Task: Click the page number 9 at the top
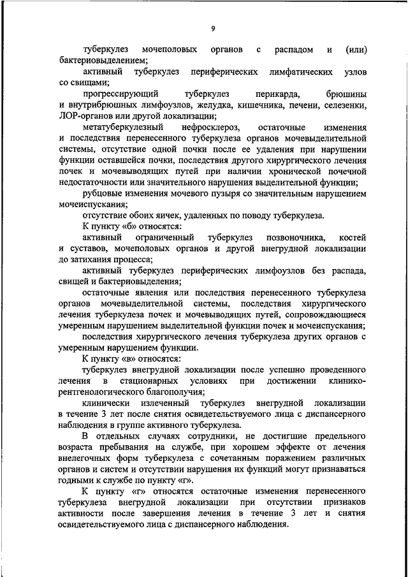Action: pyautogui.click(x=213, y=28)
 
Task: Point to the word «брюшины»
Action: pyautogui.click(x=347, y=93)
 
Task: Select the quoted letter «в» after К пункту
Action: pyautogui.click(x=127, y=358)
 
